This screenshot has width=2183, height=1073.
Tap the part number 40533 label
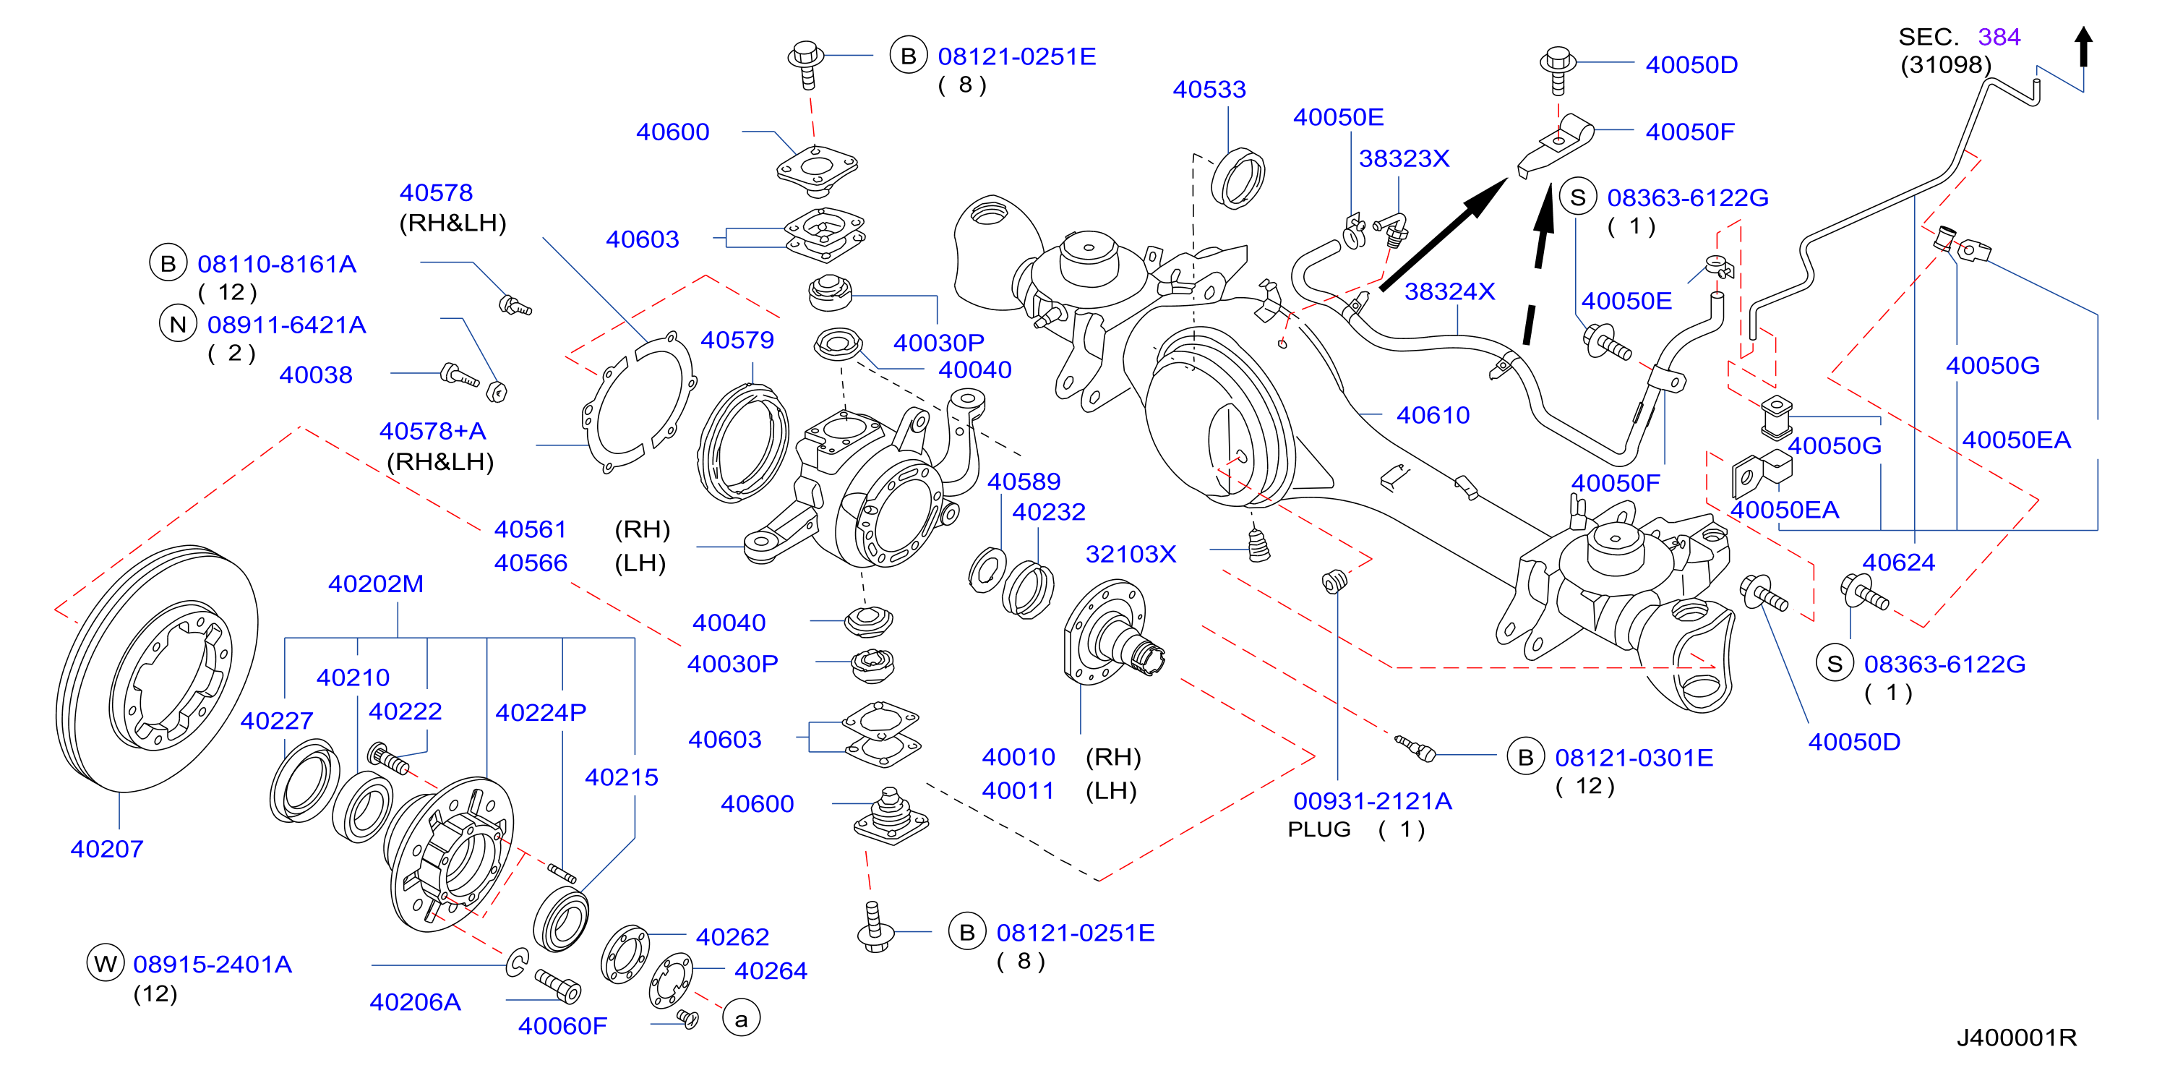[x=1209, y=89]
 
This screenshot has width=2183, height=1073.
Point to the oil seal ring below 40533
[x=1238, y=178]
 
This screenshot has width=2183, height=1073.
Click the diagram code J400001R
[x=2016, y=1038]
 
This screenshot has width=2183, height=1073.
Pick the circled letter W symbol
[x=105, y=964]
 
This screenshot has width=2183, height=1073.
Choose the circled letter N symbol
[x=178, y=324]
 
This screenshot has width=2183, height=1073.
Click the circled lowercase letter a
[x=742, y=1019]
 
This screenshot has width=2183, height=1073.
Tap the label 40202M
[x=375, y=584]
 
